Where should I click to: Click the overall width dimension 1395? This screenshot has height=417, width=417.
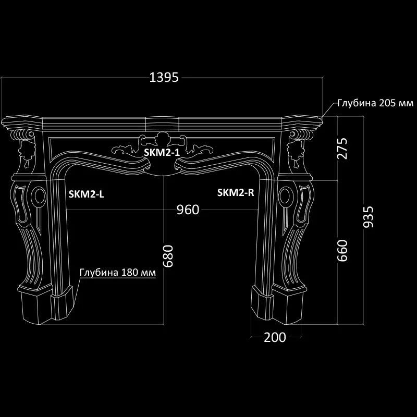pyautogui.click(x=164, y=77)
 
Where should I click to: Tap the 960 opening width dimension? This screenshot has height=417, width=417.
pyautogui.click(x=188, y=210)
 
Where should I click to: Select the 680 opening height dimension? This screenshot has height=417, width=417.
pyautogui.click(x=168, y=256)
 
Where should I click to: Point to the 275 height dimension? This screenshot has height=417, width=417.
pyautogui.click(x=342, y=149)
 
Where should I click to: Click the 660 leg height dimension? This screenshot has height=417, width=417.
pyautogui.click(x=342, y=251)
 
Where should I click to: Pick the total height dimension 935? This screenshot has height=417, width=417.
pyautogui.click(x=368, y=217)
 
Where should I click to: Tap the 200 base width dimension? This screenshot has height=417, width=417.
pyautogui.click(x=275, y=337)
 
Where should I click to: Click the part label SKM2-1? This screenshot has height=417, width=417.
pyautogui.click(x=162, y=152)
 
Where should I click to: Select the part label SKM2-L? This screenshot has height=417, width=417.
pyautogui.click(x=87, y=194)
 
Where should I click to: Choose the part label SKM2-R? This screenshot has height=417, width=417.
pyautogui.click(x=236, y=192)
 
